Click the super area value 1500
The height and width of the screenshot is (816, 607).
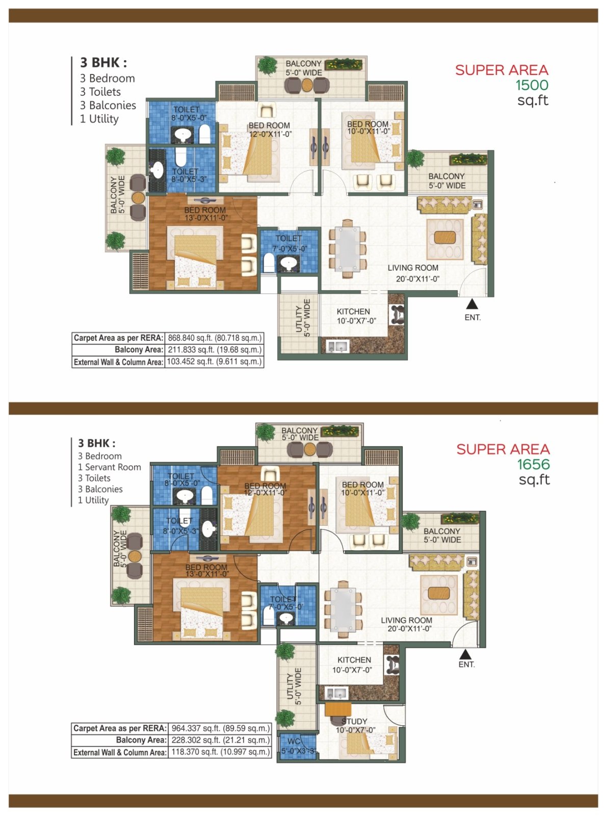point(532,85)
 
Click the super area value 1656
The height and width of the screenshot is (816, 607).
point(534,464)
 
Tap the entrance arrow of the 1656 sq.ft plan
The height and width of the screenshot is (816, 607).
point(465,654)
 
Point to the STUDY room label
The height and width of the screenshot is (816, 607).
point(354,721)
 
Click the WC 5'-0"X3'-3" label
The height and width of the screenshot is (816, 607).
point(297,746)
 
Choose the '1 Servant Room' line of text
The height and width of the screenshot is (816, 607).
point(109,467)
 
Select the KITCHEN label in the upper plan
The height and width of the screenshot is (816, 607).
point(353,312)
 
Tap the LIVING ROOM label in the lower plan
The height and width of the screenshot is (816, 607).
point(406,620)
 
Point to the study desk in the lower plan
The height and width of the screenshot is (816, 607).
point(338,709)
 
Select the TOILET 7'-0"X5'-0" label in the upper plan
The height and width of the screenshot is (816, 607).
point(289,244)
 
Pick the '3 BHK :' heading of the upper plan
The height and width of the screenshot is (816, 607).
point(103,63)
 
